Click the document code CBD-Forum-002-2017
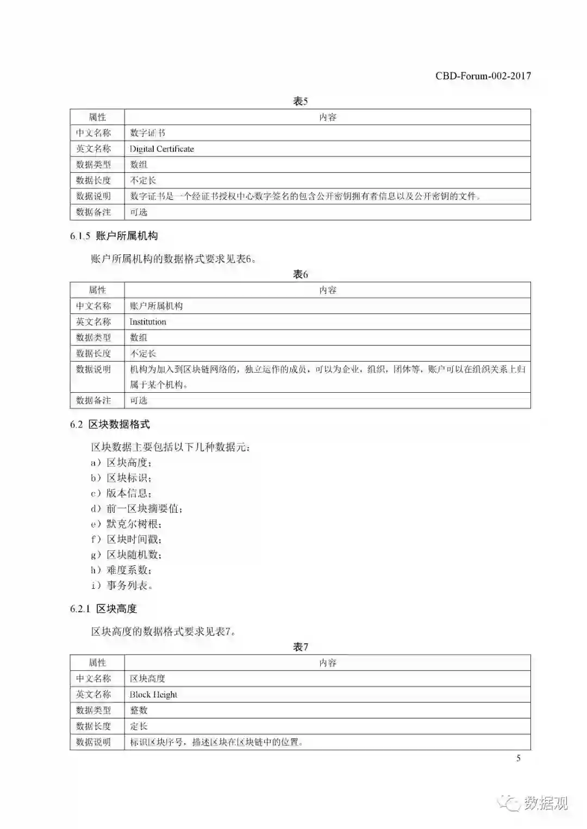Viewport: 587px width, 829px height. coord(483,76)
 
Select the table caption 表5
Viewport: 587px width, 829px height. coord(300,101)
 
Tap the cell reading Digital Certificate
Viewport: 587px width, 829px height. coord(161,149)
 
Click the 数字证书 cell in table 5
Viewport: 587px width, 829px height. coord(147,133)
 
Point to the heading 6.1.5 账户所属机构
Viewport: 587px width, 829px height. coord(114,236)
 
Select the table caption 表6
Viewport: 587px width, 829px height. coord(300,274)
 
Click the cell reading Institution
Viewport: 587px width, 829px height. coord(148,322)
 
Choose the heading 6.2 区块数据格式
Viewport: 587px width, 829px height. coord(110,424)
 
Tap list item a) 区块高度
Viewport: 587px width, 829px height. coord(121,463)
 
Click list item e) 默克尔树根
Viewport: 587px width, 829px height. coord(126,524)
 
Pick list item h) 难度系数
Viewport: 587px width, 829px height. coord(121,570)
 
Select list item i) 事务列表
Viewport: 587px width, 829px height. coord(122,586)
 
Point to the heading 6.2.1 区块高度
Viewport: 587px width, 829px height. coord(103,608)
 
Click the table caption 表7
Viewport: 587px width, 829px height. coord(300,647)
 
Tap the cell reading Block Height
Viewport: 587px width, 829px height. coord(153,694)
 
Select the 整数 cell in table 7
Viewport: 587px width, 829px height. coord(139,710)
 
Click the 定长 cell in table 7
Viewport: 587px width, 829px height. coord(139,726)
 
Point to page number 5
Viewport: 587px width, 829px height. coord(518,758)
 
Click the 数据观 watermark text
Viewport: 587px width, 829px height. coord(546,803)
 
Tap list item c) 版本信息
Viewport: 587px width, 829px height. coord(121,493)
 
